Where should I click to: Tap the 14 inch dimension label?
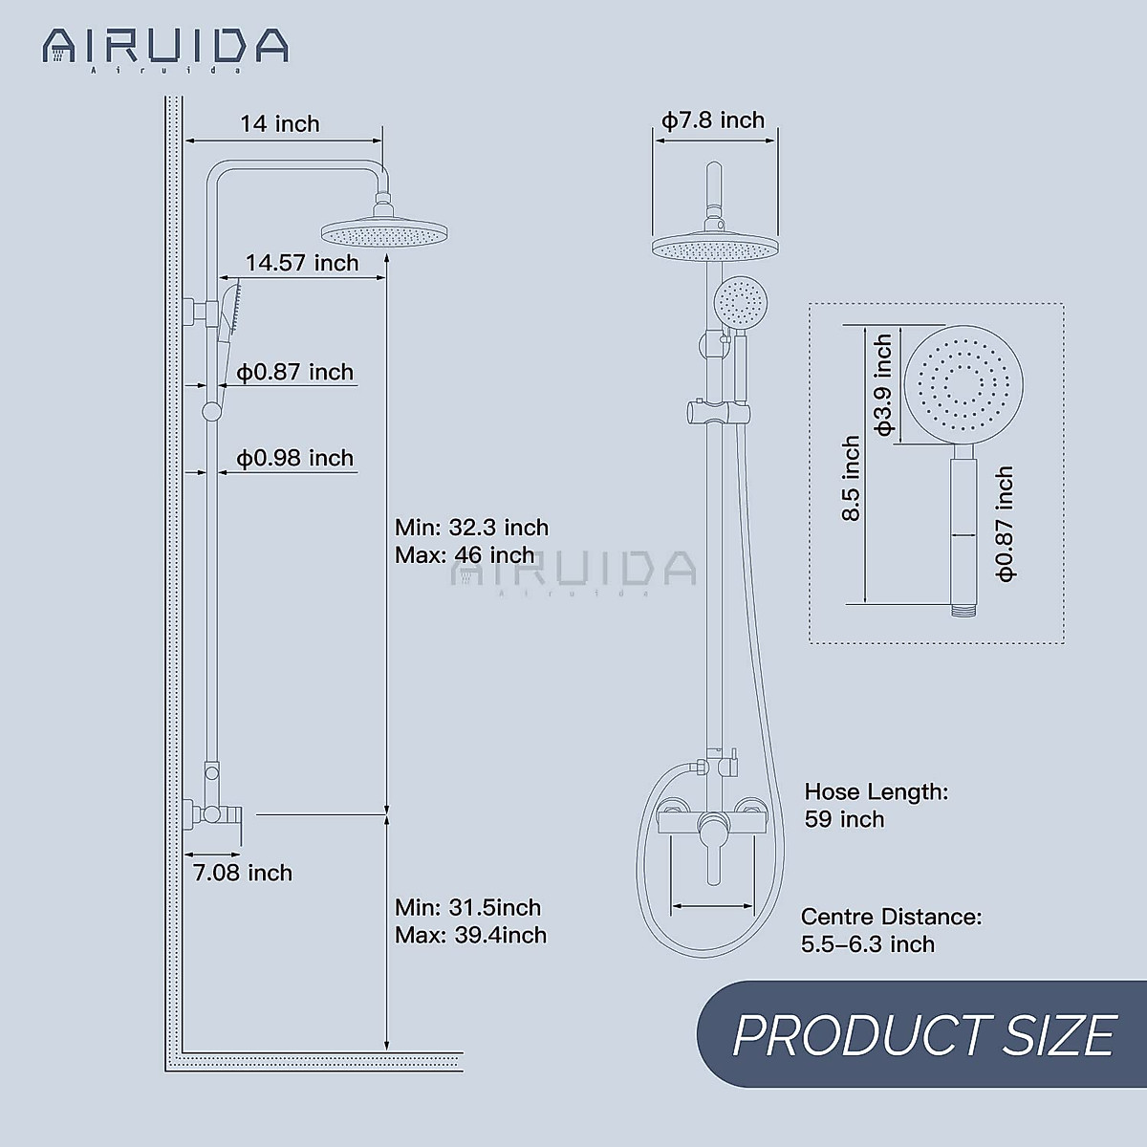click(279, 124)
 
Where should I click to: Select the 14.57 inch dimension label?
click(302, 263)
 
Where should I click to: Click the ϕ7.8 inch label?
click(713, 120)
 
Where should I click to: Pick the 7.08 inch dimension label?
click(243, 873)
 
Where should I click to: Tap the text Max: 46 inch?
click(465, 555)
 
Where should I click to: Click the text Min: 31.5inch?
click(467, 907)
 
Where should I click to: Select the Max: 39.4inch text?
click(470, 935)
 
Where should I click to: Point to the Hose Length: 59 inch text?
click(875, 805)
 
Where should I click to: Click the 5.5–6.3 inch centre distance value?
click(868, 944)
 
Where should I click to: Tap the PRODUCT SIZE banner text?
click(923, 1034)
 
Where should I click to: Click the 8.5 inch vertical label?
click(852, 478)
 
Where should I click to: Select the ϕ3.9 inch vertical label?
click(884, 384)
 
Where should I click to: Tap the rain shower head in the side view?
click(384, 232)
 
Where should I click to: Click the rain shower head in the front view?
click(715, 248)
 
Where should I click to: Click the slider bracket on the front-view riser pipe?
click(714, 414)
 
